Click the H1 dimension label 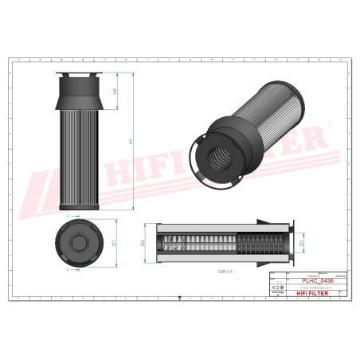(129, 143)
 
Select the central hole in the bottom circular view (79, 242)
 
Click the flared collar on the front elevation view (79, 100)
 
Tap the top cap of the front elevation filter (79, 78)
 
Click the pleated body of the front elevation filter (79, 159)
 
